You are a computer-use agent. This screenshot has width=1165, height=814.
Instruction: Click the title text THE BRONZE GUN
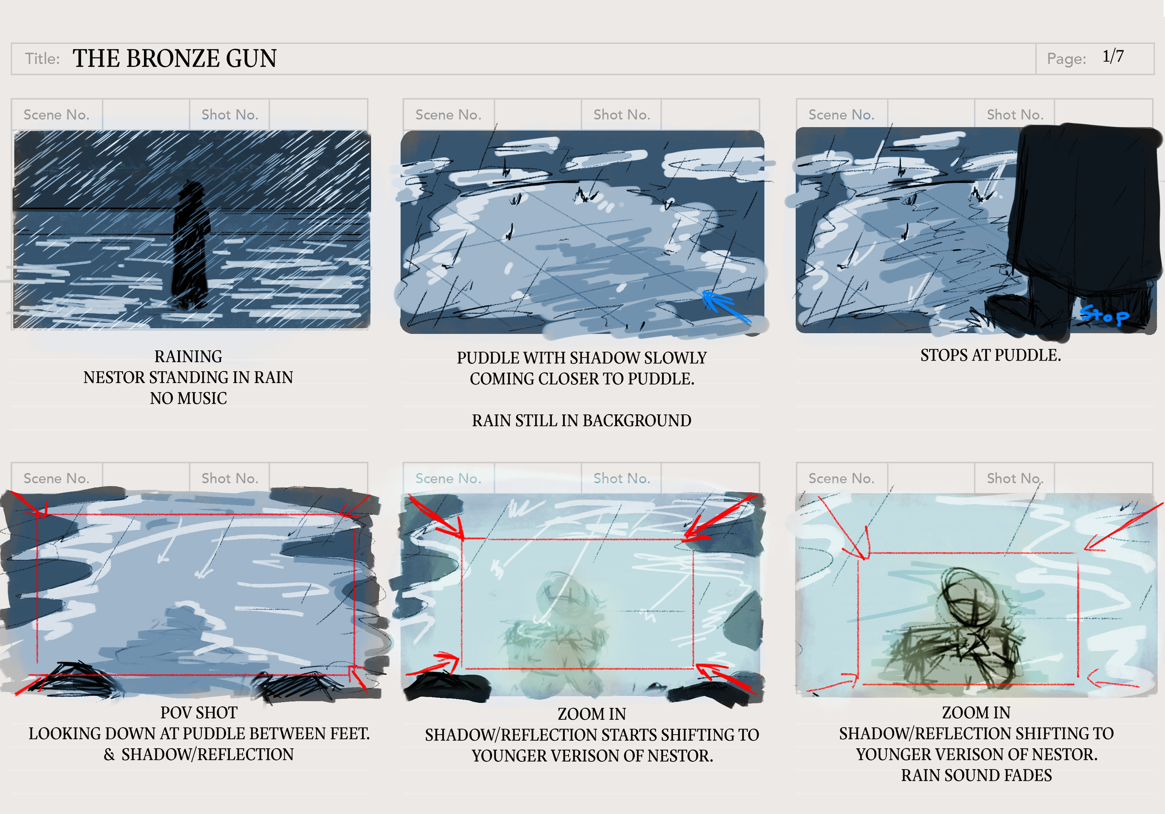[x=175, y=58]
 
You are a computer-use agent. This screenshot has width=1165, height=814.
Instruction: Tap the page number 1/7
[x=1113, y=56]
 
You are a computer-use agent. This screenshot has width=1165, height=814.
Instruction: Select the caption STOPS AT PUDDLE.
[x=990, y=355]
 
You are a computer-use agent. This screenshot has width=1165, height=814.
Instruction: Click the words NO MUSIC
[x=188, y=398]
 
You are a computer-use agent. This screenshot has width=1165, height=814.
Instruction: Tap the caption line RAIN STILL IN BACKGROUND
[x=582, y=420]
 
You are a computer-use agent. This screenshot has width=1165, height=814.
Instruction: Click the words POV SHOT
[x=199, y=712]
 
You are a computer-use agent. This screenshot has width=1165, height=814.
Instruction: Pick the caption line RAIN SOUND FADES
[x=976, y=775]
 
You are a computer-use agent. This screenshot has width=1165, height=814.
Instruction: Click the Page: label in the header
[x=1067, y=59]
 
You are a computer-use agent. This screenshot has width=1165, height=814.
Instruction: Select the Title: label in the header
[x=42, y=58]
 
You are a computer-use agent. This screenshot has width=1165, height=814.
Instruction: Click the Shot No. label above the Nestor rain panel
[x=230, y=115]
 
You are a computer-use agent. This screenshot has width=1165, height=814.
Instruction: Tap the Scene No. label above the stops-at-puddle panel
[x=841, y=115]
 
